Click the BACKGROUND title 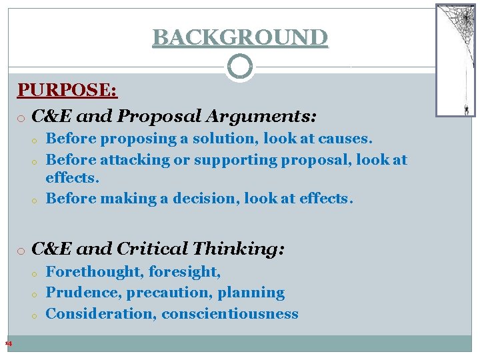point(240,37)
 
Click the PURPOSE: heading point(67,90)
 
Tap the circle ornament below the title point(240,67)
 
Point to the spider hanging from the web point(466,109)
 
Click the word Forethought point(94,271)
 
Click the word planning point(255,293)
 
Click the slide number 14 point(9,344)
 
